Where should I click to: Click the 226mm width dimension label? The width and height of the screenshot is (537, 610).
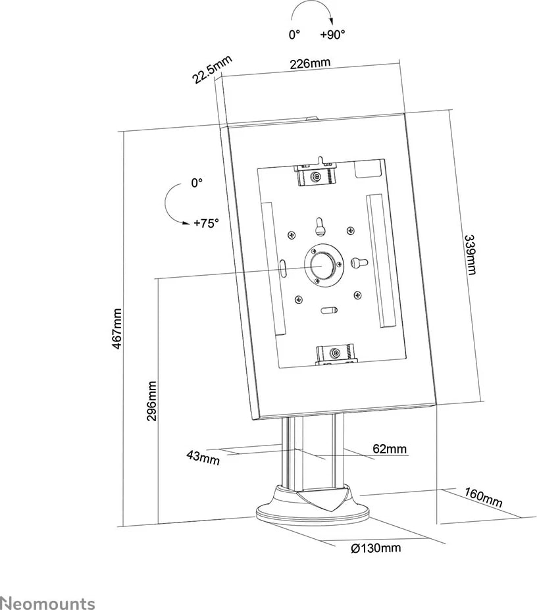pos(309,63)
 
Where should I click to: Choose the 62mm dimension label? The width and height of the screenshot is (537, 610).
pos(390,449)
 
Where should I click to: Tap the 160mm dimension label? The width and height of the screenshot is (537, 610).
pos(483,498)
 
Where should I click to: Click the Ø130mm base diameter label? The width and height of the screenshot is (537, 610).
pos(376,547)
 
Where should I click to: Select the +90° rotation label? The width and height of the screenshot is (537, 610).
pos(333,36)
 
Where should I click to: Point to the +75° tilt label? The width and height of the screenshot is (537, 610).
pos(205,223)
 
